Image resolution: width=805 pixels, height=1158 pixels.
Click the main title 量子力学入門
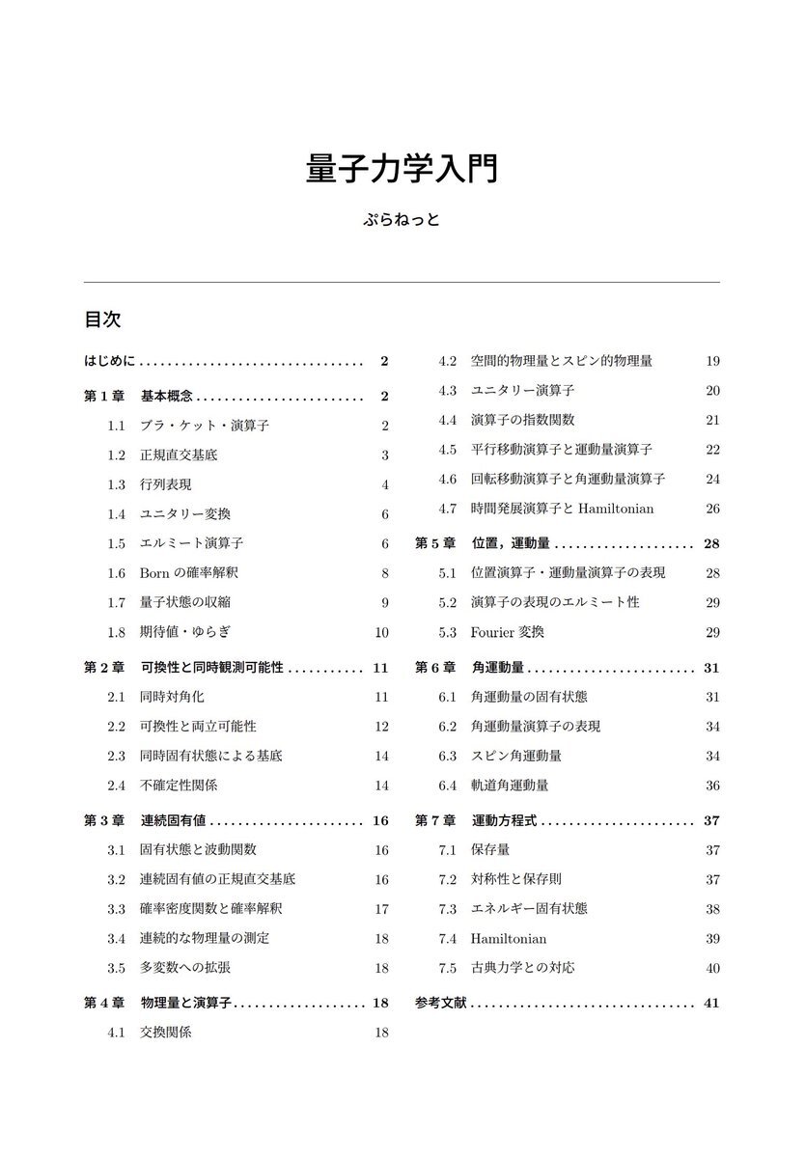pos(402,167)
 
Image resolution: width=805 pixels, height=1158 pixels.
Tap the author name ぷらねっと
pos(402,219)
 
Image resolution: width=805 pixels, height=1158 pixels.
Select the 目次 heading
pos(101,319)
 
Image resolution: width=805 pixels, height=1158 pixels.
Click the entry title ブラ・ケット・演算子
pos(191,426)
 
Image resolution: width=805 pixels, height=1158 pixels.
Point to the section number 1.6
pos(117,572)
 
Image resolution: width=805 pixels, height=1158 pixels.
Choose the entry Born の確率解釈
pos(183,572)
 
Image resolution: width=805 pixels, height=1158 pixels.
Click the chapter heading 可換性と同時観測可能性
pos(212,667)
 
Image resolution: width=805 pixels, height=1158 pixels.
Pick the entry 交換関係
pos(166,1032)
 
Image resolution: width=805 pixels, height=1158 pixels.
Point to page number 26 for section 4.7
pos(712,509)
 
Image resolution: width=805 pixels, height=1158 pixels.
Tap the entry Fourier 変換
pos(508,632)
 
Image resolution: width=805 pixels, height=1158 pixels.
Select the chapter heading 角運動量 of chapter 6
pos(498,667)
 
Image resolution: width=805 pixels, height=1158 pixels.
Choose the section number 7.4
pos(447,938)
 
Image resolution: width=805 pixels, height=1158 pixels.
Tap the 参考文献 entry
pos(441,1003)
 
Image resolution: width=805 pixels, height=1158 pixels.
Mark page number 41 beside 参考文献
pos(712,1003)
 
